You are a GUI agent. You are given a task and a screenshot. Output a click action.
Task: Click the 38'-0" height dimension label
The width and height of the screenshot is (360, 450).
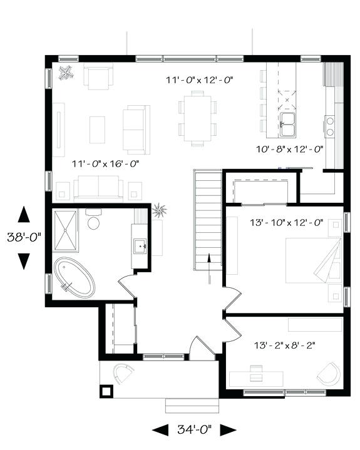[23, 237]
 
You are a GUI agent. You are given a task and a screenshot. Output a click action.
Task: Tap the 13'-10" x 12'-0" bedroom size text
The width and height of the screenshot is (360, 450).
[286, 222]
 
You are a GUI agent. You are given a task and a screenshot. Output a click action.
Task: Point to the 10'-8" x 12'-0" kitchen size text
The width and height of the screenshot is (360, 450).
[289, 149]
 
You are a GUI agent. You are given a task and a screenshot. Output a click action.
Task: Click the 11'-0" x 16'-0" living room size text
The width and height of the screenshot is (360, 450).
[105, 164]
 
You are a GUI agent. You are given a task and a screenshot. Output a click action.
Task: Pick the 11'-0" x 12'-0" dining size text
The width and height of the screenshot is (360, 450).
[198, 80]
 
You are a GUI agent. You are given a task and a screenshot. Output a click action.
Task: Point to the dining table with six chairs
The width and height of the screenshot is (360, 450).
[197, 117]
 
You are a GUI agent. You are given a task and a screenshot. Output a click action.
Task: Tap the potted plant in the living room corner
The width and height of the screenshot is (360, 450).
[64, 73]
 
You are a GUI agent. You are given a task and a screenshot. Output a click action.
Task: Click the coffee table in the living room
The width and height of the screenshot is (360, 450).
[98, 130]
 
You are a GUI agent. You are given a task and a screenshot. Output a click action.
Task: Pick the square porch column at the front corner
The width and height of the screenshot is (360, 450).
[106, 391]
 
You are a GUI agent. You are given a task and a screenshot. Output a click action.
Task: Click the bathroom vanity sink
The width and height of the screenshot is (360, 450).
[140, 246]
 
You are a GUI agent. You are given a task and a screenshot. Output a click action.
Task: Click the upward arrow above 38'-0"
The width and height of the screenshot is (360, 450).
[23, 215]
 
